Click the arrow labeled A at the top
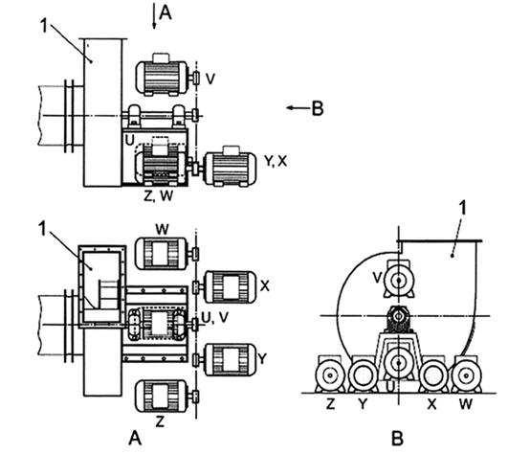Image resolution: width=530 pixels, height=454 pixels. click(154, 16)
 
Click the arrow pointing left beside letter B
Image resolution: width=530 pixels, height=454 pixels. click(298, 108)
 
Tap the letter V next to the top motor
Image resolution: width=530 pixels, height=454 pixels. click(210, 79)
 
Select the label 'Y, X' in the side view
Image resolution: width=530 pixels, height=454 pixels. click(276, 161)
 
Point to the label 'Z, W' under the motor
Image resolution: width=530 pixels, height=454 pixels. click(158, 196)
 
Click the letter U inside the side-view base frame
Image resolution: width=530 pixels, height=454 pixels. click(129, 140)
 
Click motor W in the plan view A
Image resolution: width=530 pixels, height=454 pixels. click(162, 254)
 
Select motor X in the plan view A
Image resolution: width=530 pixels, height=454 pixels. click(231, 286)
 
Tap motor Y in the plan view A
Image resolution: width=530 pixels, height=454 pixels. click(231, 359)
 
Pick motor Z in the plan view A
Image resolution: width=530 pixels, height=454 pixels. click(162, 397)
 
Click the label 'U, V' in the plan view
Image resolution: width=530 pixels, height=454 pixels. click(214, 318)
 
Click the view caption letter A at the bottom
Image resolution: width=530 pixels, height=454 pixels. click(135, 439)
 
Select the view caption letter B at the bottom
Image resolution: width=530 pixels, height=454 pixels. click(397, 439)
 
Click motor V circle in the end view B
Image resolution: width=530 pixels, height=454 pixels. click(399, 281)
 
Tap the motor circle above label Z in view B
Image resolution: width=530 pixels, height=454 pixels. click(329, 375)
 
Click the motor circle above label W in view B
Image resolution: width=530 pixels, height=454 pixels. click(467, 375)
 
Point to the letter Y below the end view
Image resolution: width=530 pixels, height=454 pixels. click(363, 404)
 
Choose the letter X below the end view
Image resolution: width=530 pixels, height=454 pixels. click(431, 404)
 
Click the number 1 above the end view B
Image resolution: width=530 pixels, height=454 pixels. click(463, 208)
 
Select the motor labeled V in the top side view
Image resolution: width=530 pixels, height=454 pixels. click(162, 78)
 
